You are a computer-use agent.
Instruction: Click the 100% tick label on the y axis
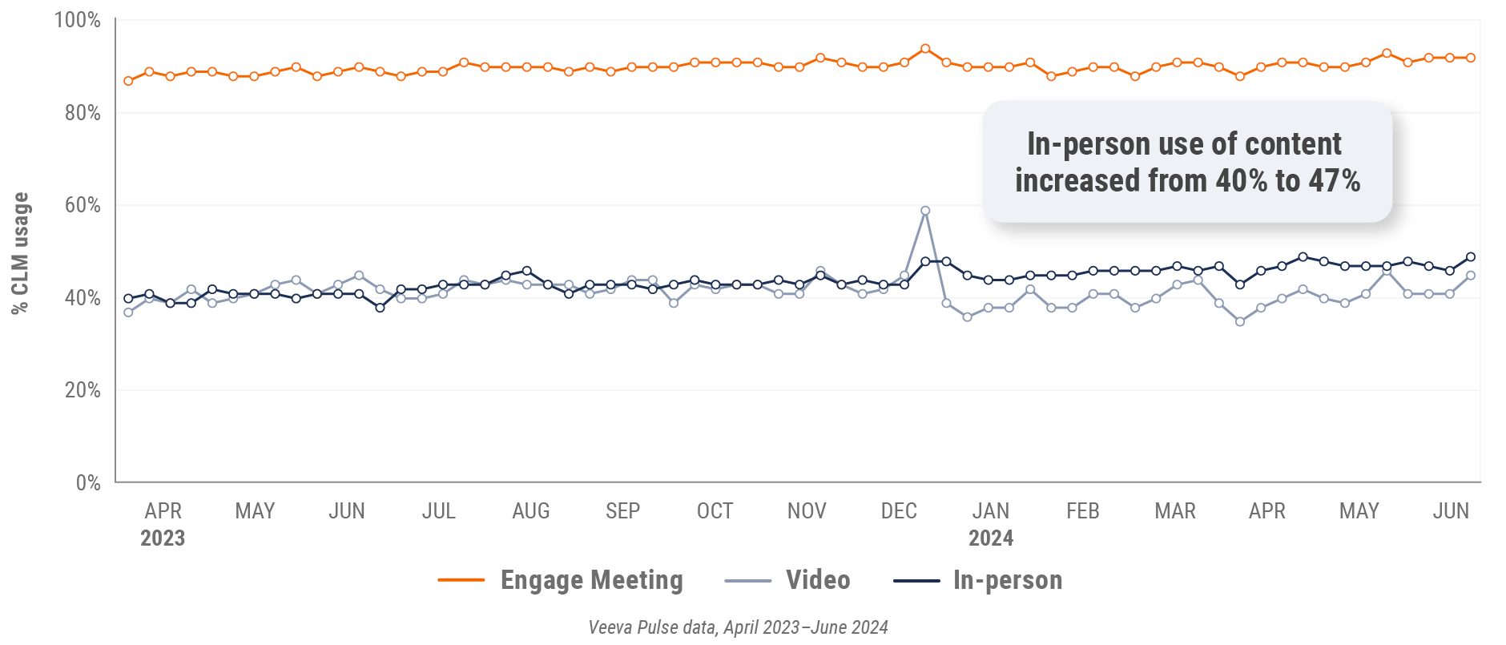click(77, 20)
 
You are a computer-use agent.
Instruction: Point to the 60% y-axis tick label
click(83, 205)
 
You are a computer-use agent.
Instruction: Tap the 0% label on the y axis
click(88, 482)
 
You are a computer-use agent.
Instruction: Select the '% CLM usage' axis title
click(20, 253)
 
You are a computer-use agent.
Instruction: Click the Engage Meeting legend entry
click(561, 580)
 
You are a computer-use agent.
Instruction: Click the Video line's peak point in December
click(925, 211)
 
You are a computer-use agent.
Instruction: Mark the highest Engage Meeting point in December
click(925, 49)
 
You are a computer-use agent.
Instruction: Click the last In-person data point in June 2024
click(1471, 257)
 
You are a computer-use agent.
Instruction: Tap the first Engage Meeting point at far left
click(128, 81)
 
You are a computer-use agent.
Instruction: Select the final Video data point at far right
click(1471, 276)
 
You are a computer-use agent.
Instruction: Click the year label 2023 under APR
click(163, 538)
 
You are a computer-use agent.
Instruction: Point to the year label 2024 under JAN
click(991, 538)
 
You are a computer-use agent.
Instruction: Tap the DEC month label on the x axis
click(899, 511)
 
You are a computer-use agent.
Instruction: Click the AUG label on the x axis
click(531, 511)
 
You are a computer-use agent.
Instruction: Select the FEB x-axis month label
click(1083, 511)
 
